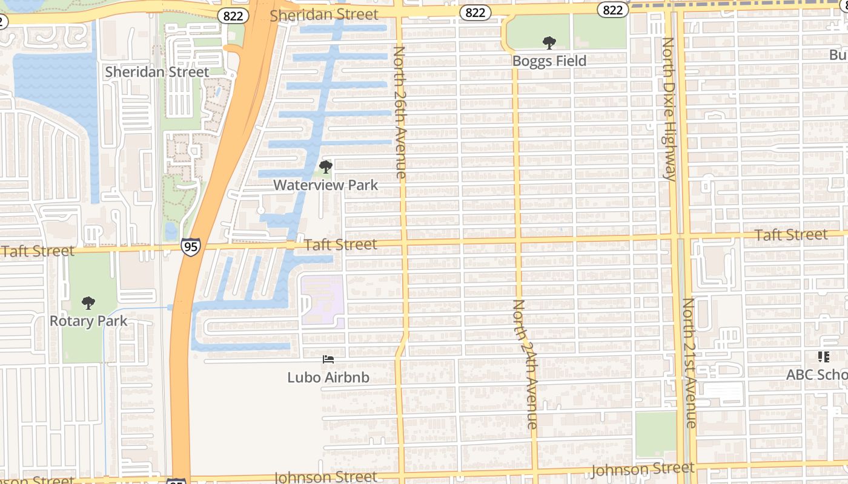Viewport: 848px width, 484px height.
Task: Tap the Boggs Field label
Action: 549,61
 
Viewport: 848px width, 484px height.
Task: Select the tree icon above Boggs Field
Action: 549,43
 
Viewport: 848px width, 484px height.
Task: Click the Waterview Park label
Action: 326,185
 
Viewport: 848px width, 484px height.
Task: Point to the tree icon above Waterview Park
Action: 326,167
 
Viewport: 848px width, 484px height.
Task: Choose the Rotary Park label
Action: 88,321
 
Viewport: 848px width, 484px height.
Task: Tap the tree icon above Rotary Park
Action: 88,302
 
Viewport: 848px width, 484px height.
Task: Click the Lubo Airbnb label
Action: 328,378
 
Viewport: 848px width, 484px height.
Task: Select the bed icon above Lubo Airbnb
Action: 328,359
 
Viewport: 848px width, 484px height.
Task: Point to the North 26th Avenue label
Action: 400,112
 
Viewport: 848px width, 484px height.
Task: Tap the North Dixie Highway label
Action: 668,109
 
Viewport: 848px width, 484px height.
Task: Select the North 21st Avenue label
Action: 690,363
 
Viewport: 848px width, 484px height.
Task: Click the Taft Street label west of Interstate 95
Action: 38,250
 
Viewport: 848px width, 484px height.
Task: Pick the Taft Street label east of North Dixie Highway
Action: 791,235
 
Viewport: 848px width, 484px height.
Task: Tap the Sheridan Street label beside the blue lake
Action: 157,72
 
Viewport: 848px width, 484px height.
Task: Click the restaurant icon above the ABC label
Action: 823,357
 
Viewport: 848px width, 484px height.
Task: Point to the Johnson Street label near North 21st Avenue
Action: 642,469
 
